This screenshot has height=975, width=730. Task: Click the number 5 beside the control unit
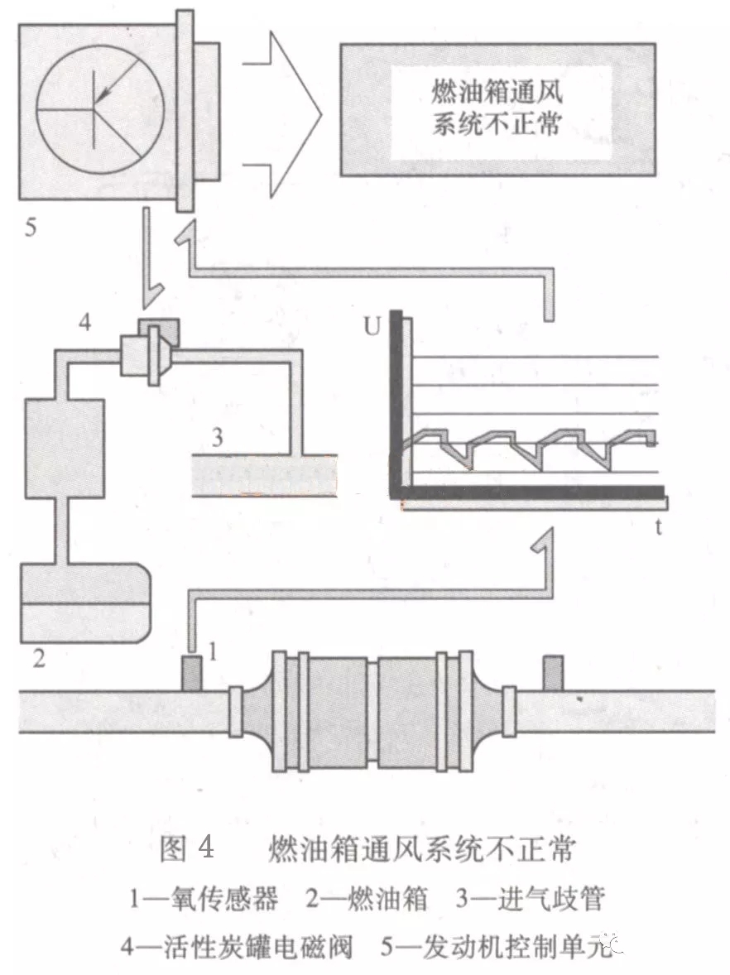pos(31,226)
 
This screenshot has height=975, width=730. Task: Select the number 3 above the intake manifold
pos(216,437)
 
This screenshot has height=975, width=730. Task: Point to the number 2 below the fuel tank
pos(38,660)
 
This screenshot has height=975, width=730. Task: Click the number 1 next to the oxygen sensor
pos(213,652)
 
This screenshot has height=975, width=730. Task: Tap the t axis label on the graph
pos(659,527)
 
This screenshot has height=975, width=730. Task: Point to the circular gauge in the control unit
pos(100,108)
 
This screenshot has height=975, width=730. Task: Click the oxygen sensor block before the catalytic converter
pos(191,672)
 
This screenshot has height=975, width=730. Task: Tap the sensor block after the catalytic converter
pos(552,672)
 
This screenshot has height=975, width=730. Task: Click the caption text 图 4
pos(186,849)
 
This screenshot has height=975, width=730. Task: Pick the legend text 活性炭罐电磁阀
pos(245,946)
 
